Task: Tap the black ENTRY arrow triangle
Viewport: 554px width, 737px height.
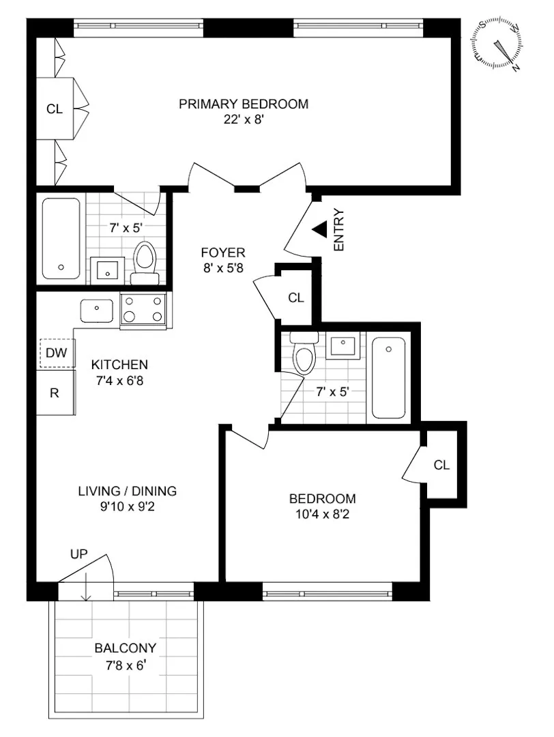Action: (319, 230)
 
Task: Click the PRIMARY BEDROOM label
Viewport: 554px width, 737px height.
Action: (244, 104)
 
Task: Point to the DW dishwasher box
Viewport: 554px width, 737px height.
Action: (55, 353)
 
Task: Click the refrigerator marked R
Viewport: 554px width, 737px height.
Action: (55, 392)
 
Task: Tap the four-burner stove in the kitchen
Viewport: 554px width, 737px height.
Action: (144, 310)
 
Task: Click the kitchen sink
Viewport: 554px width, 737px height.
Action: (100, 310)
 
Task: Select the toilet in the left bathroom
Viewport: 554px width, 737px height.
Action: (144, 261)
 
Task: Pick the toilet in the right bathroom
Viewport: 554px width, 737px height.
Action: (302, 353)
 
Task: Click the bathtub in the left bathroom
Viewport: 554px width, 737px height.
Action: (61, 237)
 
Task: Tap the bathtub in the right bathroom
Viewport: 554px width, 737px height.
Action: (389, 379)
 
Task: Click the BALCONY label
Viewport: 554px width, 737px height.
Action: (126, 648)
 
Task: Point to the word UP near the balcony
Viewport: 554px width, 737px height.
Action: (79, 554)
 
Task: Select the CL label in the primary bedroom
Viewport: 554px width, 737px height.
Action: (54, 109)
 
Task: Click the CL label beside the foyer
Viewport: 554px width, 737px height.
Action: (295, 298)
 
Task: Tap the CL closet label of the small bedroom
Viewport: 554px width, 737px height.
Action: (442, 465)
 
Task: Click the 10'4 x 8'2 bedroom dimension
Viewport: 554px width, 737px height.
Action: (322, 515)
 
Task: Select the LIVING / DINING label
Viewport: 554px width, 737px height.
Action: (127, 491)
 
